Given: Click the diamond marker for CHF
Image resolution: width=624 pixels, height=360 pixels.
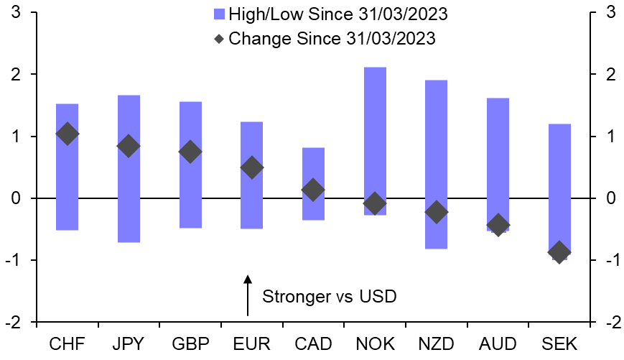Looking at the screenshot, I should [67, 134].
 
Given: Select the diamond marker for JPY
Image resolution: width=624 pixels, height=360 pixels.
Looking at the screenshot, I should [129, 146].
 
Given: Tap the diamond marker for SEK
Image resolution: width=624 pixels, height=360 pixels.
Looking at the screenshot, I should [559, 252].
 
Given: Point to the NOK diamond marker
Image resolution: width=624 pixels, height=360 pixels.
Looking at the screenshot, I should [374, 203].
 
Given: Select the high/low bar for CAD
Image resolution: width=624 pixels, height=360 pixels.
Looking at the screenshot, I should [313, 183].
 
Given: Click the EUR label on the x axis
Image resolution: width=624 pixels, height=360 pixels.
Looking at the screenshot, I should [251, 344].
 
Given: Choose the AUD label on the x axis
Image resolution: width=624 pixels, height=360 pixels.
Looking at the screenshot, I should [497, 344].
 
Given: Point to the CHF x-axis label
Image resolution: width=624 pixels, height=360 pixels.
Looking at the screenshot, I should [67, 344].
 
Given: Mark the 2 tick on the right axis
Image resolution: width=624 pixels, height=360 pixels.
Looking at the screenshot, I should [609, 75].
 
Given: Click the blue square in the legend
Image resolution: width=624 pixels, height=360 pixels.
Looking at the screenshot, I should [219, 14].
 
